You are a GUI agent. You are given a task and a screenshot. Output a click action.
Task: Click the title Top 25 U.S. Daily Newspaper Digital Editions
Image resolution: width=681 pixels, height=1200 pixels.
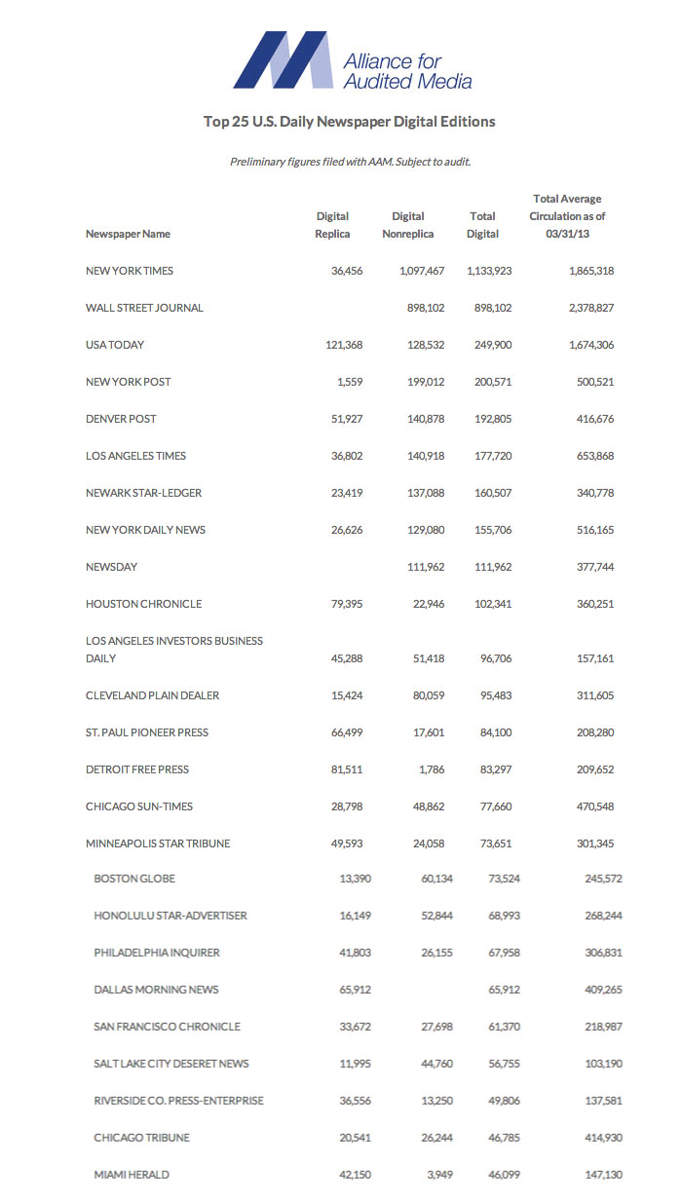[x=350, y=122]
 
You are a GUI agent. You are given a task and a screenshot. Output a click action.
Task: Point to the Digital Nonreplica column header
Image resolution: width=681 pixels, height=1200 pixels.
[x=408, y=225]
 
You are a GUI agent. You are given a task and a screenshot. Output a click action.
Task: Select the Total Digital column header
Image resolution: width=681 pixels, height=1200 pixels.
[x=482, y=225]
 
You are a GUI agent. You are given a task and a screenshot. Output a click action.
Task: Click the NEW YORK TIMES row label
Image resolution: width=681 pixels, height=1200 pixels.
[x=130, y=271]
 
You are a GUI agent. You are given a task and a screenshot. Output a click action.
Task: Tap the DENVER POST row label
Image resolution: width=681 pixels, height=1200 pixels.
[x=121, y=419]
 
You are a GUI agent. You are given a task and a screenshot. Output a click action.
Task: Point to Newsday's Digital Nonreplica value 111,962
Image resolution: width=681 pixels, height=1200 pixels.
[x=421, y=567]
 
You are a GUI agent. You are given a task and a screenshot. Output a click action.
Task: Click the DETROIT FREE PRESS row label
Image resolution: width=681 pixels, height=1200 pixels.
[x=137, y=769]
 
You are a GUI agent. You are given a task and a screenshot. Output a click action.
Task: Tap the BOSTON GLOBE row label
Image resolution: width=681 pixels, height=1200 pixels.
[x=134, y=879]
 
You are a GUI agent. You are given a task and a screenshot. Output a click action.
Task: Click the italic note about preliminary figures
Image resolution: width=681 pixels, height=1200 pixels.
[x=350, y=162]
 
